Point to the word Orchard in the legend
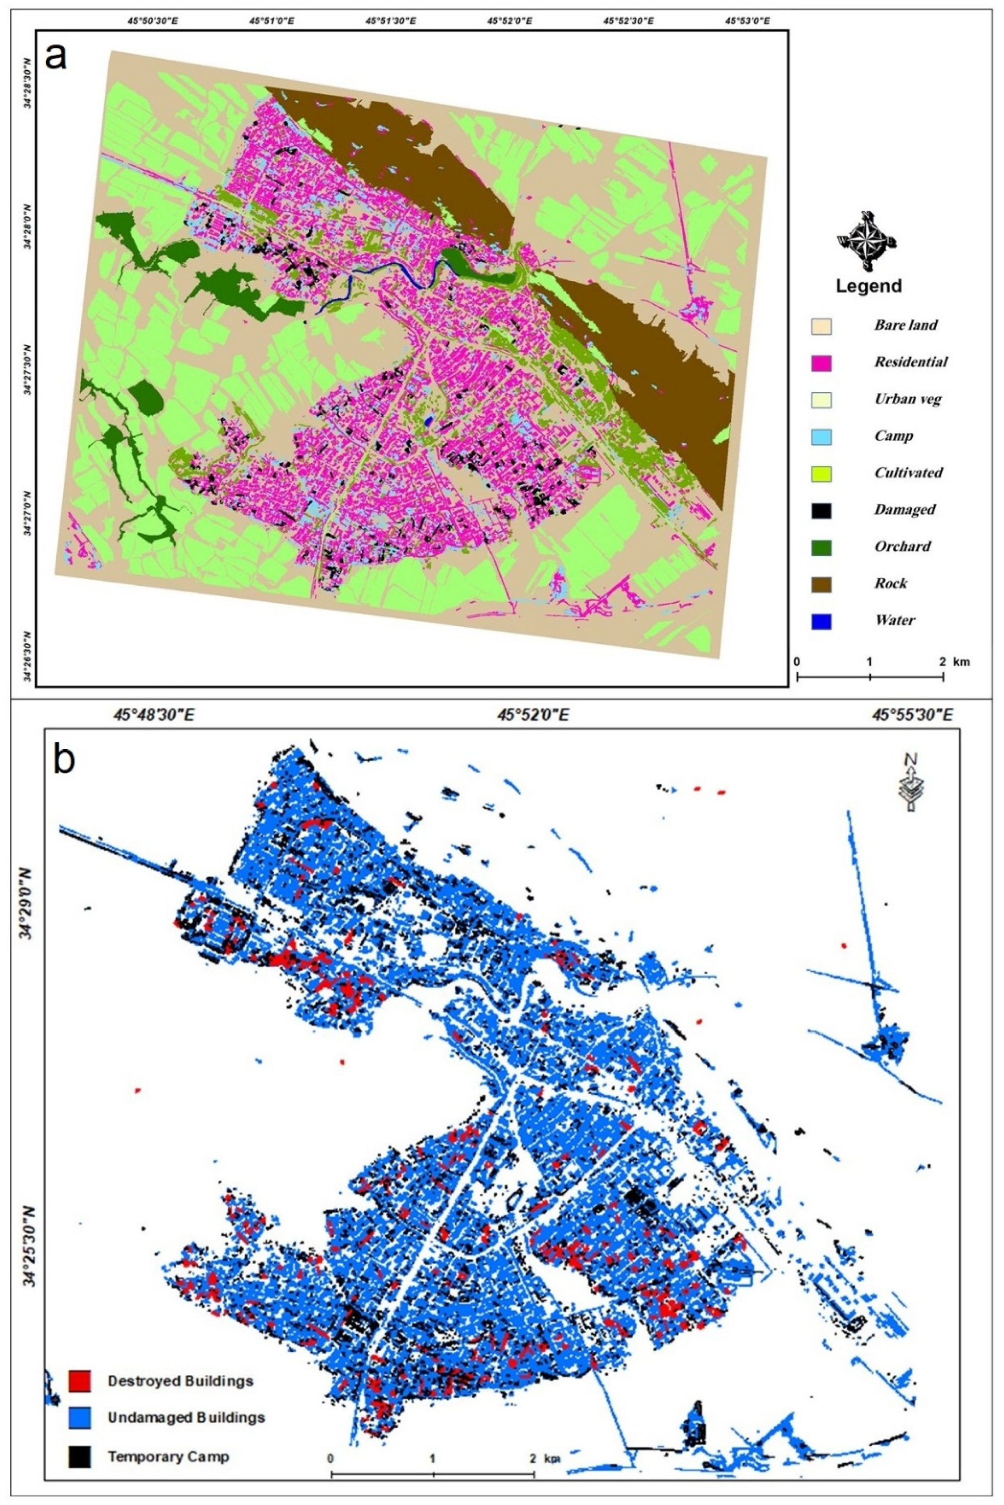(x=902, y=547)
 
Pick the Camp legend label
(x=893, y=436)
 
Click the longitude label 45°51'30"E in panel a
(x=391, y=21)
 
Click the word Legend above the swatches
(x=868, y=286)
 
